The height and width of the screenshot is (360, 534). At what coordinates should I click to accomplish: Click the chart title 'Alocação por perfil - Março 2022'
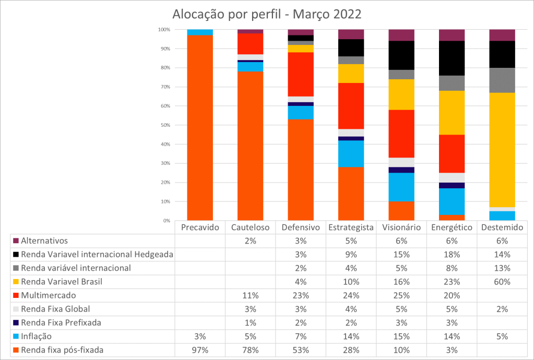[267, 14]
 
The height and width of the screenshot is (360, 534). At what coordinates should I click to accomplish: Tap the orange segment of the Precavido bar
[200, 128]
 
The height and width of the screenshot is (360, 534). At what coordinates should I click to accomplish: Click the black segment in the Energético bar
[452, 58]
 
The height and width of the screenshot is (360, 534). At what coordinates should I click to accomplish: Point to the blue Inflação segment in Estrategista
[351, 153]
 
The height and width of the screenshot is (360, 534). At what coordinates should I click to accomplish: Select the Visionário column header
[401, 227]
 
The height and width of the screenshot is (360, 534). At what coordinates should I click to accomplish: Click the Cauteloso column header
[250, 227]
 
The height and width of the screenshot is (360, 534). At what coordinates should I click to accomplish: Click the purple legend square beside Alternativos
[15, 241]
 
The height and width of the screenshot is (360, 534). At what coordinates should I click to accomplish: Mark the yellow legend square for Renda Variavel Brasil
[15, 282]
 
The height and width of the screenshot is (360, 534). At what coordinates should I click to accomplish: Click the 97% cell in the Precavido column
[200, 350]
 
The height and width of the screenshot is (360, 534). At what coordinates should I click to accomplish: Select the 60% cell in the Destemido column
[502, 282]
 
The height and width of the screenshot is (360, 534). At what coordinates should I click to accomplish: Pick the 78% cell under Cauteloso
[250, 350]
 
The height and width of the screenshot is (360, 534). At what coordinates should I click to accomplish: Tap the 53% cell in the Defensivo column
[301, 350]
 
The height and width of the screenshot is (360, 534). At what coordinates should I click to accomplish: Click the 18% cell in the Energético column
[452, 255]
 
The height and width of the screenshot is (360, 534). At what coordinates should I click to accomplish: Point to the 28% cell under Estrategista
[351, 350]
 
